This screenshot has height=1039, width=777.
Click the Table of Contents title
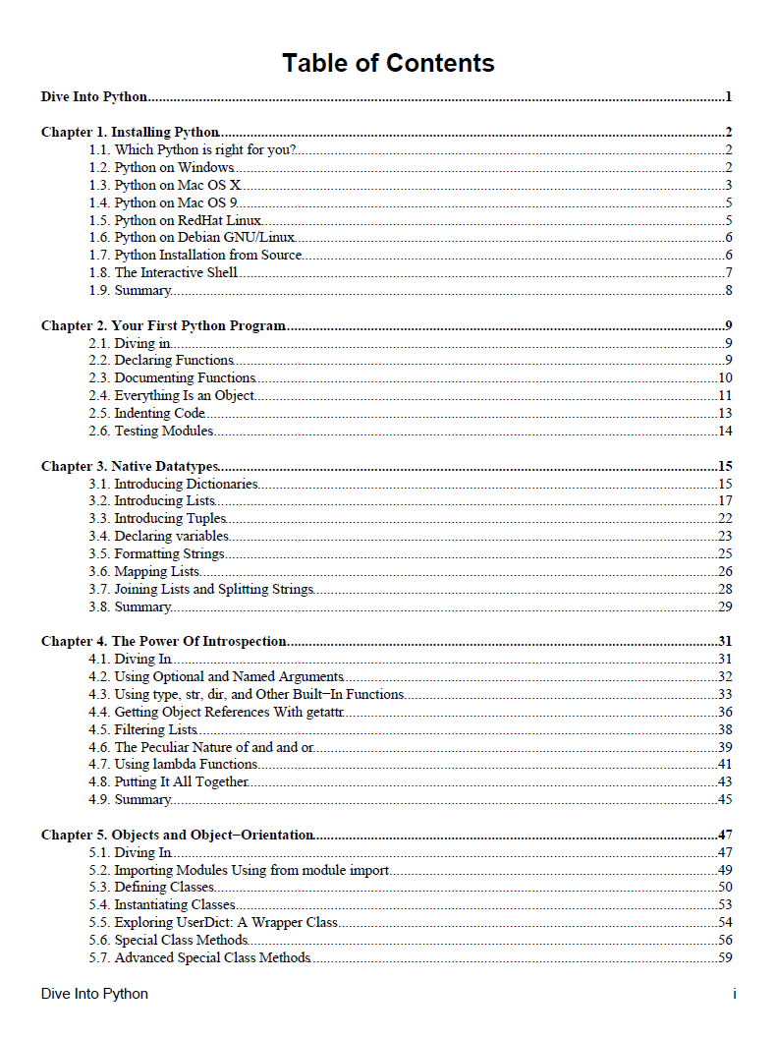click(x=388, y=63)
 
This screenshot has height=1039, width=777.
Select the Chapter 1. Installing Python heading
click(x=130, y=132)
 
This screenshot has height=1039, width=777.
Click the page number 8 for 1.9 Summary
click(x=729, y=290)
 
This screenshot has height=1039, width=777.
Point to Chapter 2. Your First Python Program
click(x=163, y=325)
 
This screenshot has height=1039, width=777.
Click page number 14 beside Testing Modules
click(x=725, y=431)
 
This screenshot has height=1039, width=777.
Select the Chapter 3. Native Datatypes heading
click(x=130, y=466)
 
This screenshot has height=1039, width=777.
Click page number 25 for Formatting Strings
click(x=725, y=554)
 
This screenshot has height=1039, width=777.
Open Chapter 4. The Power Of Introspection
click(x=163, y=641)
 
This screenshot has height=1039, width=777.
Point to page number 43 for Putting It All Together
click(x=725, y=781)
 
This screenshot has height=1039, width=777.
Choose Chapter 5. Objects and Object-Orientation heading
click(x=177, y=835)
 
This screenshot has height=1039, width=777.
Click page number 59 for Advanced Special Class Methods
click(x=725, y=957)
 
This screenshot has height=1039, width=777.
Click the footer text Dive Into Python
click(x=94, y=994)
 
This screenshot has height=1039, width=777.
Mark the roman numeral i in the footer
click(x=734, y=994)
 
